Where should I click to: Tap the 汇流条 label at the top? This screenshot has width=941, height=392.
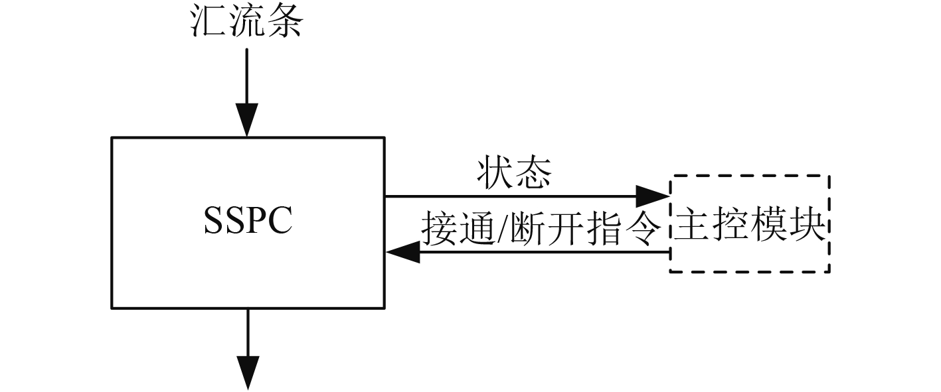click(x=246, y=22)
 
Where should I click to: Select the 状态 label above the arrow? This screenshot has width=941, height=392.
click(x=514, y=174)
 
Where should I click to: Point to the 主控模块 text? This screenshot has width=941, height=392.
click(x=750, y=228)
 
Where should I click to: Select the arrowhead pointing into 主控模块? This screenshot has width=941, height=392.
click(x=652, y=196)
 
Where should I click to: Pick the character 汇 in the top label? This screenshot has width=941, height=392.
click(x=208, y=22)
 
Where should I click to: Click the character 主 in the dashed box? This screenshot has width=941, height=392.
click(x=692, y=228)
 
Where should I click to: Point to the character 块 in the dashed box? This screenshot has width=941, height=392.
click(x=808, y=228)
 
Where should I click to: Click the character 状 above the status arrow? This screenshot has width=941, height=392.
click(x=495, y=174)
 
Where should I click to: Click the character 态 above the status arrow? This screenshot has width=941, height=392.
click(x=533, y=174)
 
